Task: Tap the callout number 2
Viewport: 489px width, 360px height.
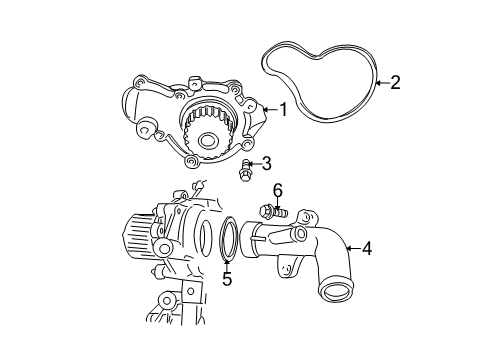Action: [x=394, y=82]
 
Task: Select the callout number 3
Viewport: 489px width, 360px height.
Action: [x=265, y=164]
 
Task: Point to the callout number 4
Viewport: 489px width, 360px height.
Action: [x=366, y=248]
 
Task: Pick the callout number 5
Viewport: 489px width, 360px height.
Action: [x=227, y=279]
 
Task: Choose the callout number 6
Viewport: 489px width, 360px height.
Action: [x=277, y=190]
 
